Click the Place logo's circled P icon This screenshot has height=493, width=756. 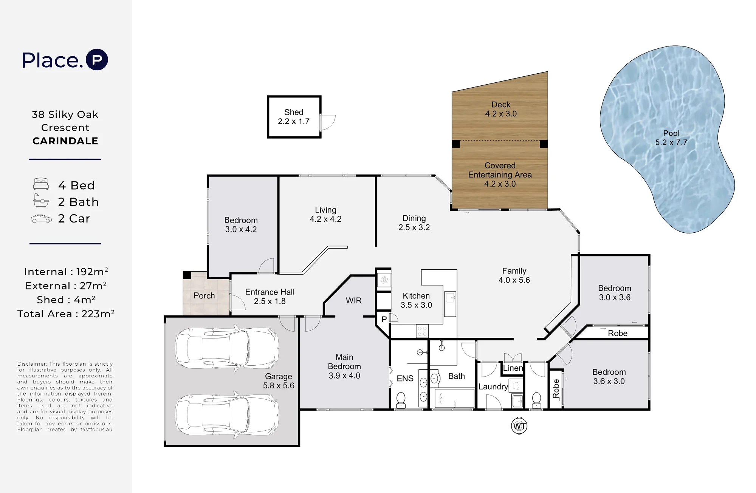97,60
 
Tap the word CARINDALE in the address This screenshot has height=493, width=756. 65,141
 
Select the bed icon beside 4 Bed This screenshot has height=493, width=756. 41,184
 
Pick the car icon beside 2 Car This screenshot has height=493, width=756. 41,219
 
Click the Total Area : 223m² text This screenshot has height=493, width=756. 66,314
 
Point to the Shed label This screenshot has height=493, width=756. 294,112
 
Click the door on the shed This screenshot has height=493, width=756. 327,122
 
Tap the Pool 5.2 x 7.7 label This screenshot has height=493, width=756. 671,138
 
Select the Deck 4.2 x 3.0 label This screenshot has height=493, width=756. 501,109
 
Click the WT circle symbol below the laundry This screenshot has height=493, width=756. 519,426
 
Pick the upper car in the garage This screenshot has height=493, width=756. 227,348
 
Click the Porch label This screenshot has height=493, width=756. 204,296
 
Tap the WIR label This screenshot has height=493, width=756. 354,301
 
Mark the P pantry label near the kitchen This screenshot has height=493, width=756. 384,320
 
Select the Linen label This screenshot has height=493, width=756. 513,368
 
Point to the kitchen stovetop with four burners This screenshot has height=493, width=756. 422,331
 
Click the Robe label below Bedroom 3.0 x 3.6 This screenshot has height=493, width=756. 618,333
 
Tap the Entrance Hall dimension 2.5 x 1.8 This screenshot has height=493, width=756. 270,301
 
